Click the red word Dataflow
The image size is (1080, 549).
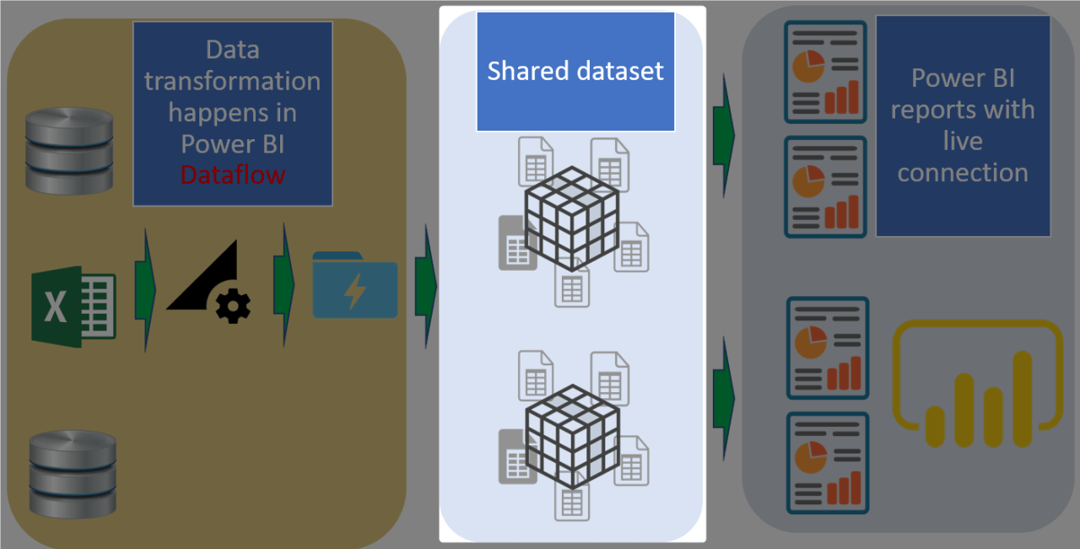pyautogui.click(x=232, y=175)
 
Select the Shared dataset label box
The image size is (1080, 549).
pyautogui.click(x=575, y=72)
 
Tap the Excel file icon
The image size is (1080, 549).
pyautogui.click(x=73, y=307)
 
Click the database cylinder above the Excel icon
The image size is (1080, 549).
pyautogui.click(x=68, y=150)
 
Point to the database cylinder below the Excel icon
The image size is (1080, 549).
pyautogui.click(x=72, y=473)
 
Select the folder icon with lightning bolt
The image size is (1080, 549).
pyautogui.click(x=354, y=285)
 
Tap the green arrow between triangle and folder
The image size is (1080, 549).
pyautogui.click(x=283, y=284)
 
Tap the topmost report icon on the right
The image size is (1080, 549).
pyautogui.click(x=825, y=73)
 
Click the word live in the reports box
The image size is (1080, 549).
pyautogui.click(x=962, y=141)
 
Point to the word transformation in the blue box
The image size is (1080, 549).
pyautogui.click(x=232, y=81)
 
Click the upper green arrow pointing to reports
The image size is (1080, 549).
pyautogui.click(x=723, y=135)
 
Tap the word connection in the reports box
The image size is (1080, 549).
pyautogui.click(x=962, y=173)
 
